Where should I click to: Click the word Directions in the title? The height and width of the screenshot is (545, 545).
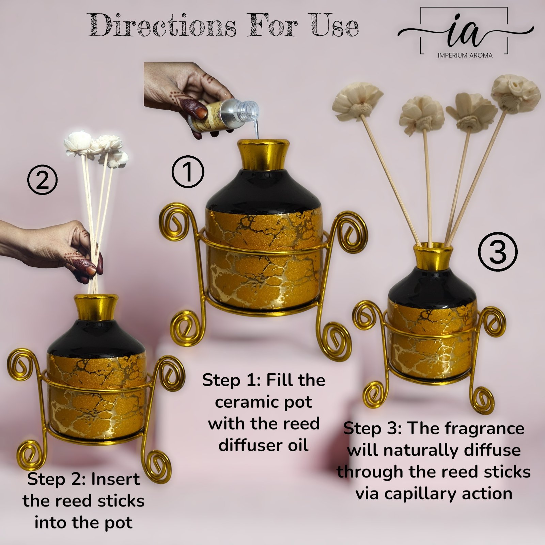point(162,26)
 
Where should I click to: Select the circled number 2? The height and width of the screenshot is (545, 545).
point(42,180)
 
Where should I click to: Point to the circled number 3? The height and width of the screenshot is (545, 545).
point(498,252)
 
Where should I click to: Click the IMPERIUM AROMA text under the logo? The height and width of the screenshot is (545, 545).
point(465,55)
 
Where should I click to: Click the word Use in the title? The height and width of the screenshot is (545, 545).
point(334,26)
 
